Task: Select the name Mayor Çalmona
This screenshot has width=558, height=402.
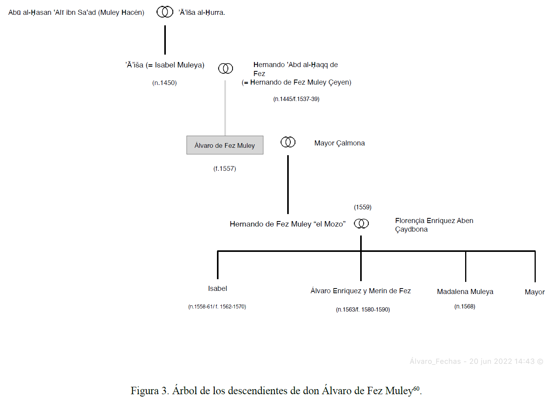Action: point(339,143)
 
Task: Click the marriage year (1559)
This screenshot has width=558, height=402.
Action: point(363,207)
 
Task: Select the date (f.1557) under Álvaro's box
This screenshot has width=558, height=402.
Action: point(225,168)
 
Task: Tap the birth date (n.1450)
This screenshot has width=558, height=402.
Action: point(164,83)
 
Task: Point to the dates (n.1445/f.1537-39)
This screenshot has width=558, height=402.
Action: point(296,99)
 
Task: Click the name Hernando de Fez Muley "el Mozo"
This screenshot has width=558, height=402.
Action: point(288,224)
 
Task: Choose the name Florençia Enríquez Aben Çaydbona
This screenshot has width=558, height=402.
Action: point(434,225)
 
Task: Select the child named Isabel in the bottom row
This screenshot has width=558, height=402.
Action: point(217,288)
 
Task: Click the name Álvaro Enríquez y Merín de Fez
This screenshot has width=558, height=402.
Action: point(361,291)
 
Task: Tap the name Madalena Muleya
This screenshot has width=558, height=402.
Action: point(465,292)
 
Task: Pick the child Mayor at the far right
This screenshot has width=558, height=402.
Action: point(535,292)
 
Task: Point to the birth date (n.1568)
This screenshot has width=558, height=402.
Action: point(465,306)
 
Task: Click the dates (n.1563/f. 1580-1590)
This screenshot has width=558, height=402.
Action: point(363,310)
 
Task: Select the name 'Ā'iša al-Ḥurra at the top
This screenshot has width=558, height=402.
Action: point(201,12)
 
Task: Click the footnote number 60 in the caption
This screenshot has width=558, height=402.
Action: point(416,388)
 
